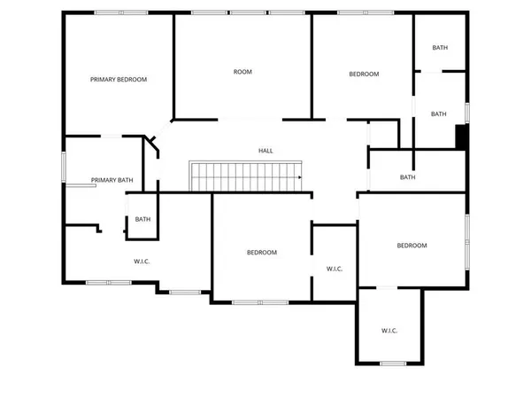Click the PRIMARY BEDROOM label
[119, 79]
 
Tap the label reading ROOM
[242, 72]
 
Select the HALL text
[265, 151]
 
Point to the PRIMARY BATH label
[112, 180]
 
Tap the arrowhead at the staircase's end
[300, 177]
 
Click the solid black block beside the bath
[460, 137]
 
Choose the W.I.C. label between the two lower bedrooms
[335, 269]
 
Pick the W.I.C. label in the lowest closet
[389, 330]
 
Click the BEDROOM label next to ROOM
[363, 74]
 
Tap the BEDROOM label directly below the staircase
[261, 253]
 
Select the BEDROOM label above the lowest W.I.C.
[412, 246]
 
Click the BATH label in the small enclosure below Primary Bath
[142, 219]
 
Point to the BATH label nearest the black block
[439, 113]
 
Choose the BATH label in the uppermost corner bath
[440, 48]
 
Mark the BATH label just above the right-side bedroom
[407, 177]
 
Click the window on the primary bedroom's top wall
[121, 12]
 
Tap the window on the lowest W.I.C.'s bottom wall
[392, 364]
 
